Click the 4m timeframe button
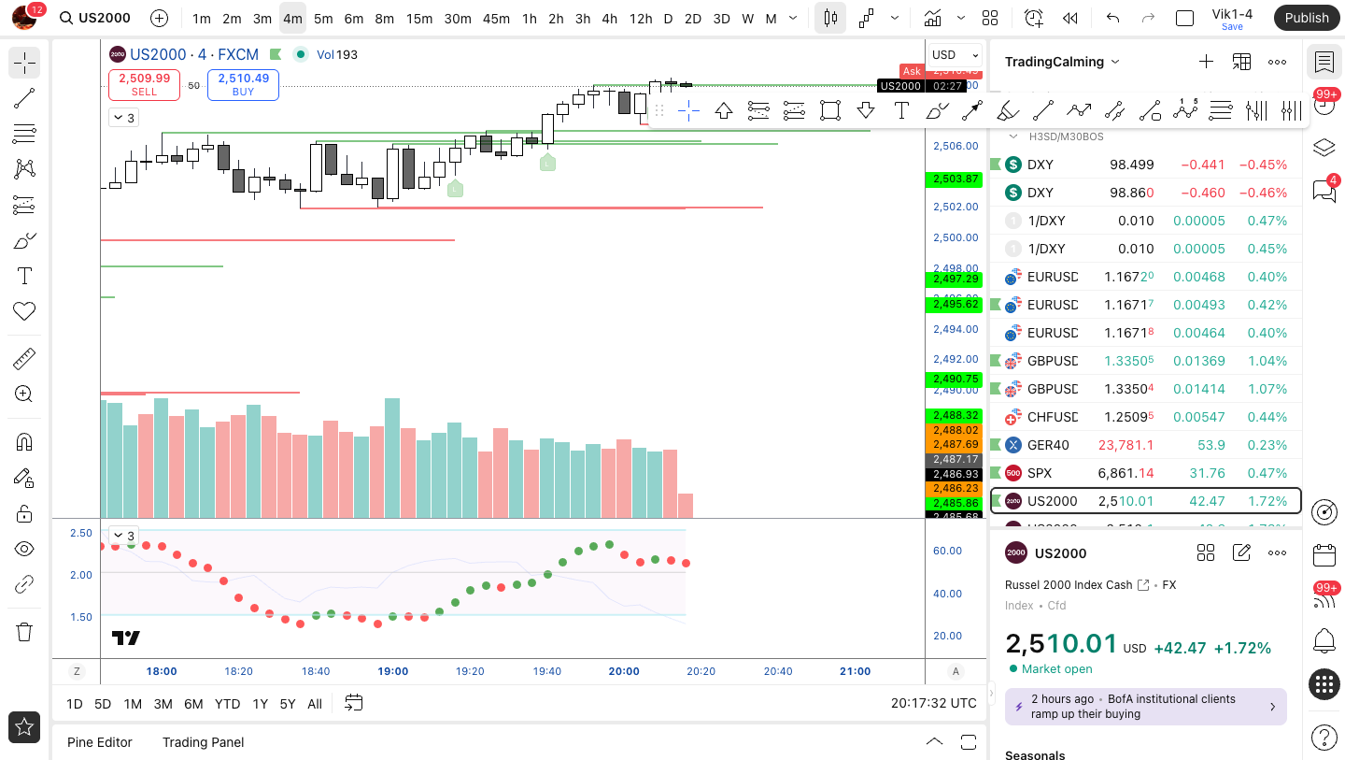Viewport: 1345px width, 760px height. coord(292,19)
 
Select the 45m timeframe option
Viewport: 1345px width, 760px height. coord(496,19)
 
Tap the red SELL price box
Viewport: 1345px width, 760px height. coord(144,85)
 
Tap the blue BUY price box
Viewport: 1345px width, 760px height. coord(243,85)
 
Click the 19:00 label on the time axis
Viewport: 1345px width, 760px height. coord(393,671)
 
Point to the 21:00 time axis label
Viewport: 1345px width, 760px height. coord(855,671)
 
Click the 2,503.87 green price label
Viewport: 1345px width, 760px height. coord(953,179)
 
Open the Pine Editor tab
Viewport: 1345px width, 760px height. coord(100,742)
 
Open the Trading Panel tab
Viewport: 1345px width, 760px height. coord(203,742)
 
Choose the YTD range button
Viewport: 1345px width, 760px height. coord(227,704)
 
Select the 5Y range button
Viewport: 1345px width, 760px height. coord(288,704)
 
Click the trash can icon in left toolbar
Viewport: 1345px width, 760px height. coord(24,632)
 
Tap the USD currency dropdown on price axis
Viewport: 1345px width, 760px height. coord(955,54)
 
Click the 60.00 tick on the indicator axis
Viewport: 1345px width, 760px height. coord(947,551)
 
